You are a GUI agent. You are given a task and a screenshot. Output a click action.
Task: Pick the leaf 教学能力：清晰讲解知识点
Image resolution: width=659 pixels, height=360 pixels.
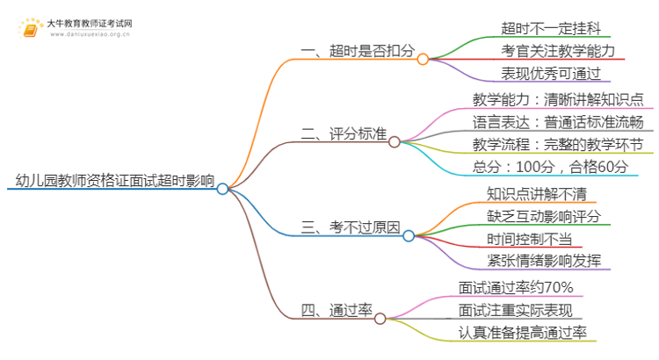pos(556,99)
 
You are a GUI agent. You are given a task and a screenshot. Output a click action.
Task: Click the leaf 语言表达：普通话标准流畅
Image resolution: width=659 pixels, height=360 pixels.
pos(557,122)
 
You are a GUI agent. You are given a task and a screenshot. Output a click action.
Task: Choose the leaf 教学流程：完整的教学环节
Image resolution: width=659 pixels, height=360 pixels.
pos(557,145)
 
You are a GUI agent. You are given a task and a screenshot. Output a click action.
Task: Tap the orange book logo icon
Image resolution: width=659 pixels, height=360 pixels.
pos(31,29)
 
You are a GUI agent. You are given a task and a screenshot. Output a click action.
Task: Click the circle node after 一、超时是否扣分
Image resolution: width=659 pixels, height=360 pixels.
pos(423,59)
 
